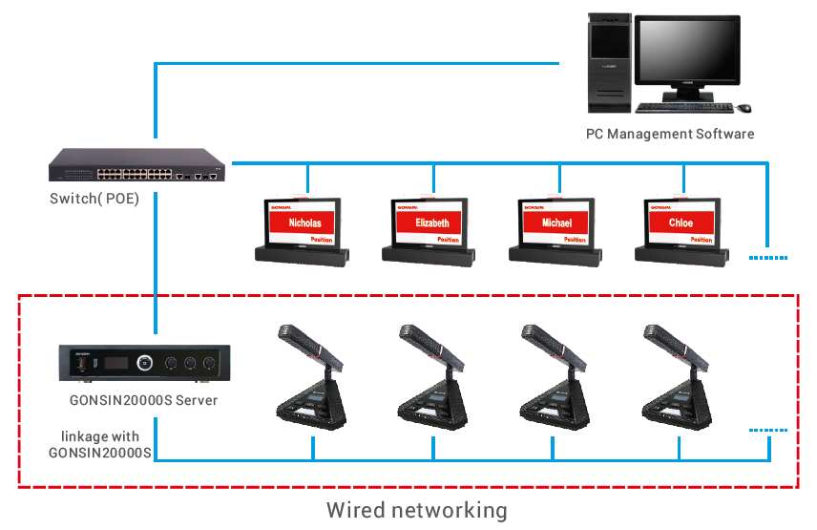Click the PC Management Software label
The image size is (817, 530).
click(670, 134)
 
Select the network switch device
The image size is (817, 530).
click(137, 166)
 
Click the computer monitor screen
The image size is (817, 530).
click(687, 52)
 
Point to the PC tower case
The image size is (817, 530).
click(609, 56)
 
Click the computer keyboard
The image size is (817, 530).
click(681, 107)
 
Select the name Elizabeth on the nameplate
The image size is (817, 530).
click(431, 223)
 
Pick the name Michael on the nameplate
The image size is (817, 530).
click(556, 223)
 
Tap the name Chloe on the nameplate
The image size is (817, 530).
click(681, 223)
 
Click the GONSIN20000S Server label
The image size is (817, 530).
click(144, 400)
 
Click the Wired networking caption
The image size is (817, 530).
click(416, 510)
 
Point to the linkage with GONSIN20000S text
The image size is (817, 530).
click(100, 444)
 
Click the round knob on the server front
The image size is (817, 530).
click(144, 363)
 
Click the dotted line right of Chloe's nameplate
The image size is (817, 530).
click(769, 257)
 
